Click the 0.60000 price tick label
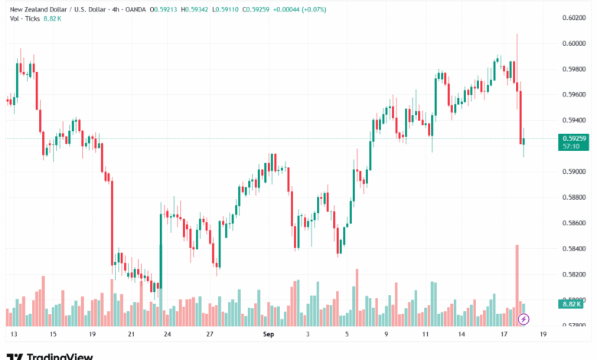coord(574,43)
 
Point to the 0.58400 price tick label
coord(574,248)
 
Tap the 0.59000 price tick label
coord(574,172)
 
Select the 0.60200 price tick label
coord(574,17)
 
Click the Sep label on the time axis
coord(268,335)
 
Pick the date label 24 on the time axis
coord(167,335)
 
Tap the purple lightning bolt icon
coord(524,318)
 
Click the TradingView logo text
coord(60,355)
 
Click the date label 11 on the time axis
coord(422,335)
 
